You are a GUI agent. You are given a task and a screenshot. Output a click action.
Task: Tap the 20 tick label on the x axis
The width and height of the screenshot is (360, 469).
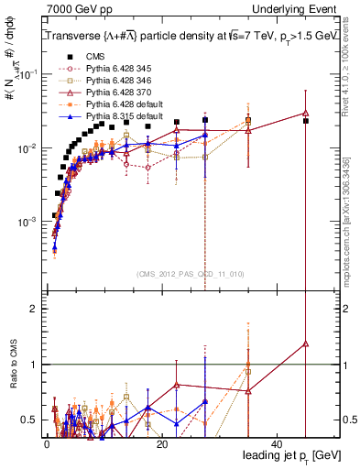(161, 443)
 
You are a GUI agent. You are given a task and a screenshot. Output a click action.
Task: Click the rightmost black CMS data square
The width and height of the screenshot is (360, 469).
(306, 121)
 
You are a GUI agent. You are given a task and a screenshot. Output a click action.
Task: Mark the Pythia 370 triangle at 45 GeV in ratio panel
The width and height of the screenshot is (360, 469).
(306, 344)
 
